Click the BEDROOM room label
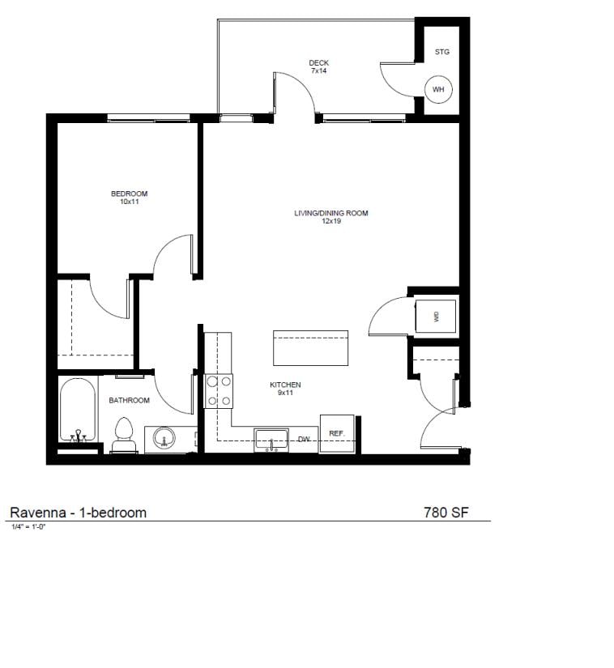pos(130,194)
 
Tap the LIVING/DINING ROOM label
pos(330,214)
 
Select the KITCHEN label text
pos(285,385)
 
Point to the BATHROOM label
pos(130,400)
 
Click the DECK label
pos(319,62)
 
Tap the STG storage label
pos(441,52)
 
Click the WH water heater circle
pos(438,89)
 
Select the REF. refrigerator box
pos(336,434)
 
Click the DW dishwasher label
pos(304,440)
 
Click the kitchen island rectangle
pos(311,348)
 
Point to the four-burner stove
pos(218,389)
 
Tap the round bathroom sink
pos(164,440)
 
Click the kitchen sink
pos(272,440)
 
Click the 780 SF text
pos(446,512)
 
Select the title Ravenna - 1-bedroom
pos(78,512)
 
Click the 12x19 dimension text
pos(330,221)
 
